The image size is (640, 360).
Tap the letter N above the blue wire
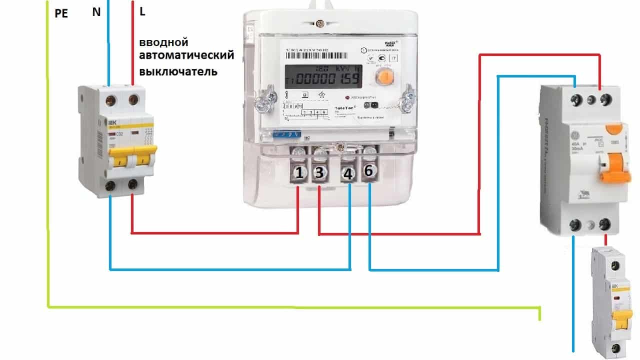[96, 12]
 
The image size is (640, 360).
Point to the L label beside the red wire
[142, 11]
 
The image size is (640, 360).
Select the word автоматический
[186, 55]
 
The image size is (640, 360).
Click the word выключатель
[178, 71]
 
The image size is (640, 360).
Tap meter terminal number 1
[299, 173]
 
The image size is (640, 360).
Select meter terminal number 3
[320, 173]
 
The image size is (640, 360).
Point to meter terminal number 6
[368, 171]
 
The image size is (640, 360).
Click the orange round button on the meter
[384, 76]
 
